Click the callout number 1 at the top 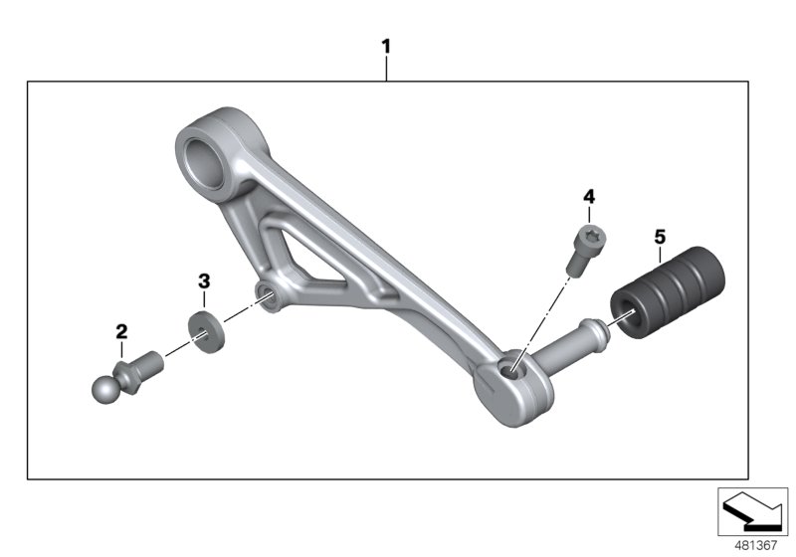click(386, 47)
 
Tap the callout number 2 click(121, 330)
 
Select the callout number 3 click(203, 281)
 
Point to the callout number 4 click(588, 196)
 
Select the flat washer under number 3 click(205, 328)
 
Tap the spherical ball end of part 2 click(106, 389)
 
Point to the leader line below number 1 click(386, 70)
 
